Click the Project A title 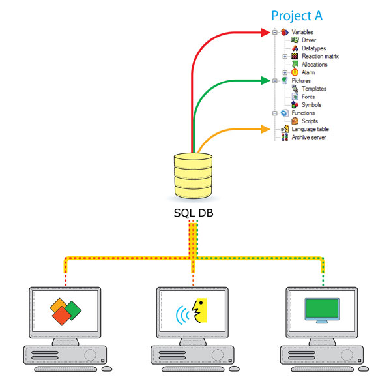tap(297, 16)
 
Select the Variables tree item tap(302, 32)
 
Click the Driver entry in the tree tap(309, 40)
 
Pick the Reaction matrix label tap(320, 57)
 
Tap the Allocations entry tap(314, 65)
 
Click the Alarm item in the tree tap(308, 72)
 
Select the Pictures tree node tap(301, 81)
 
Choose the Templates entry tap(314, 89)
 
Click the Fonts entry tap(309, 97)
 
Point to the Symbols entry tap(311, 105)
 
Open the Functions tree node tap(303, 113)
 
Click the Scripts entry tap(310, 121)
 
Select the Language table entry tap(310, 129)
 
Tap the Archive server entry tap(309, 137)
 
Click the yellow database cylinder tap(194, 177)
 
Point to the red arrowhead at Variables tap(265, 32)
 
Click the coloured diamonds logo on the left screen tap(65, 310)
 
